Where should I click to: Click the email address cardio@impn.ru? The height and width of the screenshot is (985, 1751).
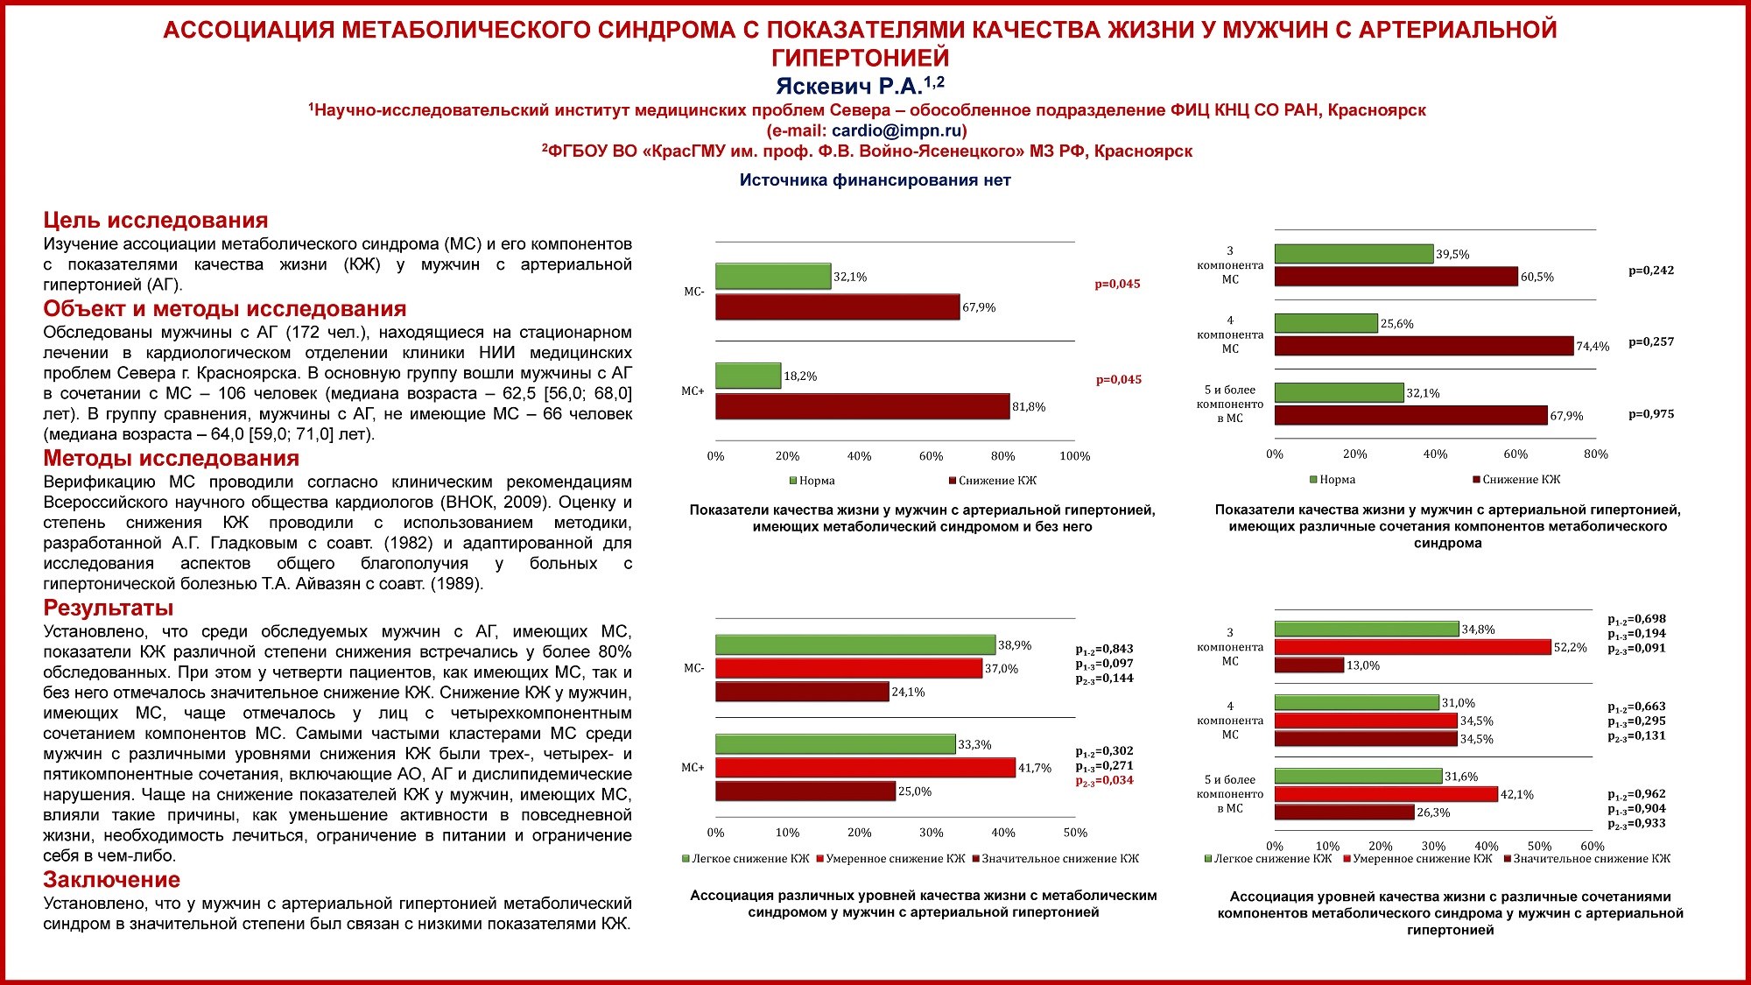(897, 130)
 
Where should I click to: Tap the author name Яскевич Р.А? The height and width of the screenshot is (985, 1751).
(848, 86)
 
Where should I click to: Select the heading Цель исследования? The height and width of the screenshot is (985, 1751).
(156, 221)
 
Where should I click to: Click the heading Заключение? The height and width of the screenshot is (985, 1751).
(111, 880)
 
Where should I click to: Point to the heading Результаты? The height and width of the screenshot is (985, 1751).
(109, 608)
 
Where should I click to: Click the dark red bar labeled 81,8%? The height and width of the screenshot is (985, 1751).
(862, 406)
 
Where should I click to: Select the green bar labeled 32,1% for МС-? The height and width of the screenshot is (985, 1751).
(773, 277)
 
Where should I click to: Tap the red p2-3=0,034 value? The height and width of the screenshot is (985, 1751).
(1104, 780)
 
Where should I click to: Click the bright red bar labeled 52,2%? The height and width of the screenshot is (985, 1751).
(1412, 647)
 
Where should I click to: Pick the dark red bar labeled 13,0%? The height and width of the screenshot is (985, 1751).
(1309, 665)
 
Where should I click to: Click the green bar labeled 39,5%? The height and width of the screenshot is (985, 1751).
(1354, 254)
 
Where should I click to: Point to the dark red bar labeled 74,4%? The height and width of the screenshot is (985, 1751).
(1424, 346)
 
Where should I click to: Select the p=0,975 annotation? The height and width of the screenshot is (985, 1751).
(1650, 414)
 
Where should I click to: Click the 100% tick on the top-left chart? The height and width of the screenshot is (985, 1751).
(1074, 456)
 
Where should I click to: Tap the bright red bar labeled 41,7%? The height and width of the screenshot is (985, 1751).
(865, 768)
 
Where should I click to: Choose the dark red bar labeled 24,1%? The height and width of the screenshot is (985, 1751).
(802, 692)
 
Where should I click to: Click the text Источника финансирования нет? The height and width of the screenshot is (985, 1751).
(875, 180)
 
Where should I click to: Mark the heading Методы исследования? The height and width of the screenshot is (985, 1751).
(171, 458)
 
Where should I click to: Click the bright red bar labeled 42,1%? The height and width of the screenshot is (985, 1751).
(1386, 794)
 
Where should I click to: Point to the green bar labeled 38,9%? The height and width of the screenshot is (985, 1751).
(855, 645)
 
